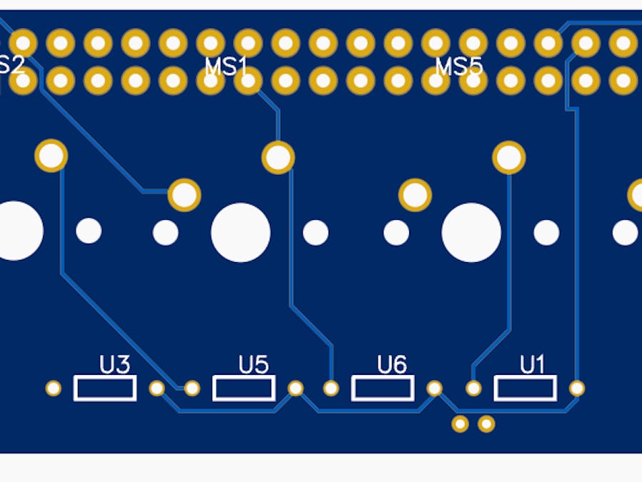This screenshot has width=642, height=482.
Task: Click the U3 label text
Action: point(114,366)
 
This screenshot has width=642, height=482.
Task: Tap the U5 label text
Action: point(254,365)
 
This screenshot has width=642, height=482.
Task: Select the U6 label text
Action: point(392,365)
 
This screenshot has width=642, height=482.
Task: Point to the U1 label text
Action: point(531,365)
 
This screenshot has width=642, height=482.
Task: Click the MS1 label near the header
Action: point(226,67)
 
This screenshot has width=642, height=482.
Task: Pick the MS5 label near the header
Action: point(458,67)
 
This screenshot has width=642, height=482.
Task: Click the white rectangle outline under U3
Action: point(105,388)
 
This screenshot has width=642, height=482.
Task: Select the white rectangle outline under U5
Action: point(244,388)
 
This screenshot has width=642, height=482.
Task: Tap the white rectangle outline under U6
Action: point(382,388)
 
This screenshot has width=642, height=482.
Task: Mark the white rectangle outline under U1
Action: point(525,388)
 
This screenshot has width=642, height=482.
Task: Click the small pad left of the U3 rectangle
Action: point(54,388)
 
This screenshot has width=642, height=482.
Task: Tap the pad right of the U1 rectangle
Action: point(577,388)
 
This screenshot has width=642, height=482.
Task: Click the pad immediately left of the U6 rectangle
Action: point(331,388)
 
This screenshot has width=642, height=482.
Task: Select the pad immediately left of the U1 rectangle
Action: point(473,388)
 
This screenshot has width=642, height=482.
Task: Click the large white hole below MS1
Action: point(241,232)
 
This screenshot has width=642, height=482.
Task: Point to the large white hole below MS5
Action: point(471,232)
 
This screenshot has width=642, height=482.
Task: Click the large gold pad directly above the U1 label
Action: point(509,158)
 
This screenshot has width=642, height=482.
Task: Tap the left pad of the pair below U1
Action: point(460,424)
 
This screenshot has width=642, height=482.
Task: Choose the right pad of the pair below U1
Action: point(486,424)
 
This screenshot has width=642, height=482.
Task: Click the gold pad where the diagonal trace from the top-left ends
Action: point(184,194)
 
